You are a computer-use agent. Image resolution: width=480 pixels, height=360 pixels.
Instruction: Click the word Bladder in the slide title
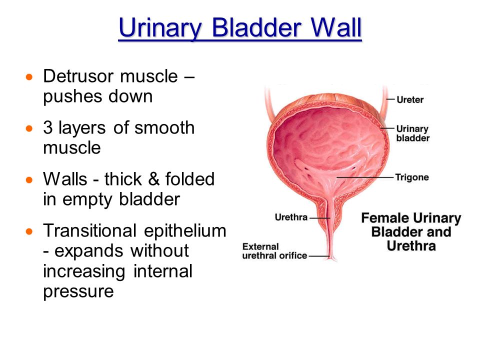tap(256, 27)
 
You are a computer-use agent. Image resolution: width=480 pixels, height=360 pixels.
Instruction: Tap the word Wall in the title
tap(336, 27)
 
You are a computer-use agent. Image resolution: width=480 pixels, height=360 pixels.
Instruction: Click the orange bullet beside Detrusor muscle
tap(29, 77)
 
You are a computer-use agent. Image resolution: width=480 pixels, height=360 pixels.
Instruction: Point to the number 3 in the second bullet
tap(48, 127)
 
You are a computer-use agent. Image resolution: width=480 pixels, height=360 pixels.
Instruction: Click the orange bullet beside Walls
tap(29, 179)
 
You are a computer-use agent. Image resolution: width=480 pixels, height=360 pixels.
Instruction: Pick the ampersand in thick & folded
tap(153, 179)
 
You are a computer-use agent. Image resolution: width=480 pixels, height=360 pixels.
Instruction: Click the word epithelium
tap(185, 231)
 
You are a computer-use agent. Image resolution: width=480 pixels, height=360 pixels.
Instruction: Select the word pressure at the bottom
tap(78, 291)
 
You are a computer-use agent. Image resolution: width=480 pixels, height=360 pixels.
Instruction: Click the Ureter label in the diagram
tap(410, 99)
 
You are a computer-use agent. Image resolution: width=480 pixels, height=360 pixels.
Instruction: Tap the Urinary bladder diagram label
tap(412, 133)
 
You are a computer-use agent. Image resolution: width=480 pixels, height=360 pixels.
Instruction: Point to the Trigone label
tap(411, 177)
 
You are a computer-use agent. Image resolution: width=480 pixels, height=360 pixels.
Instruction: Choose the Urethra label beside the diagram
tap(291, 217)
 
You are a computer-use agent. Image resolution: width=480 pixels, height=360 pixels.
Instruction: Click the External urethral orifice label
tap(274, 251)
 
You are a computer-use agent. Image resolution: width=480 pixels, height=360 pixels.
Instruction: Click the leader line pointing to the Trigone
tap(365, 177)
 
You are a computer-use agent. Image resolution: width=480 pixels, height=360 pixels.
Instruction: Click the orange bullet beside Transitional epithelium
tap(29, 231)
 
